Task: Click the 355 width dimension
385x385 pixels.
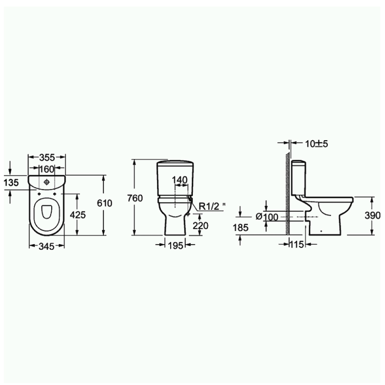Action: (x=47, y=157)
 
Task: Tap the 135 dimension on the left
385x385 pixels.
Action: (x=11, y=183)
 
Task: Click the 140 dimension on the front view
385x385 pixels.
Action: (x=179, y=180)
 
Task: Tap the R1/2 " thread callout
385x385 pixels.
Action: (x=211, y=207)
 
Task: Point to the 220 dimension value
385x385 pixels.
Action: (x=200, y=226)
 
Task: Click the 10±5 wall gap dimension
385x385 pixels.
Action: (x=316, y=144)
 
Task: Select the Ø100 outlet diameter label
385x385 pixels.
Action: (x=267, y=217)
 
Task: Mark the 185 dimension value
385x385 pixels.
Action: (x=241, y=227)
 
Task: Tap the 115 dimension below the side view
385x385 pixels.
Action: (x=297, y=244)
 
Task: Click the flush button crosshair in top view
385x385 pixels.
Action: (x=47, y=182)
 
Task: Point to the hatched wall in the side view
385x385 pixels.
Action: (x=286, y=192)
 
